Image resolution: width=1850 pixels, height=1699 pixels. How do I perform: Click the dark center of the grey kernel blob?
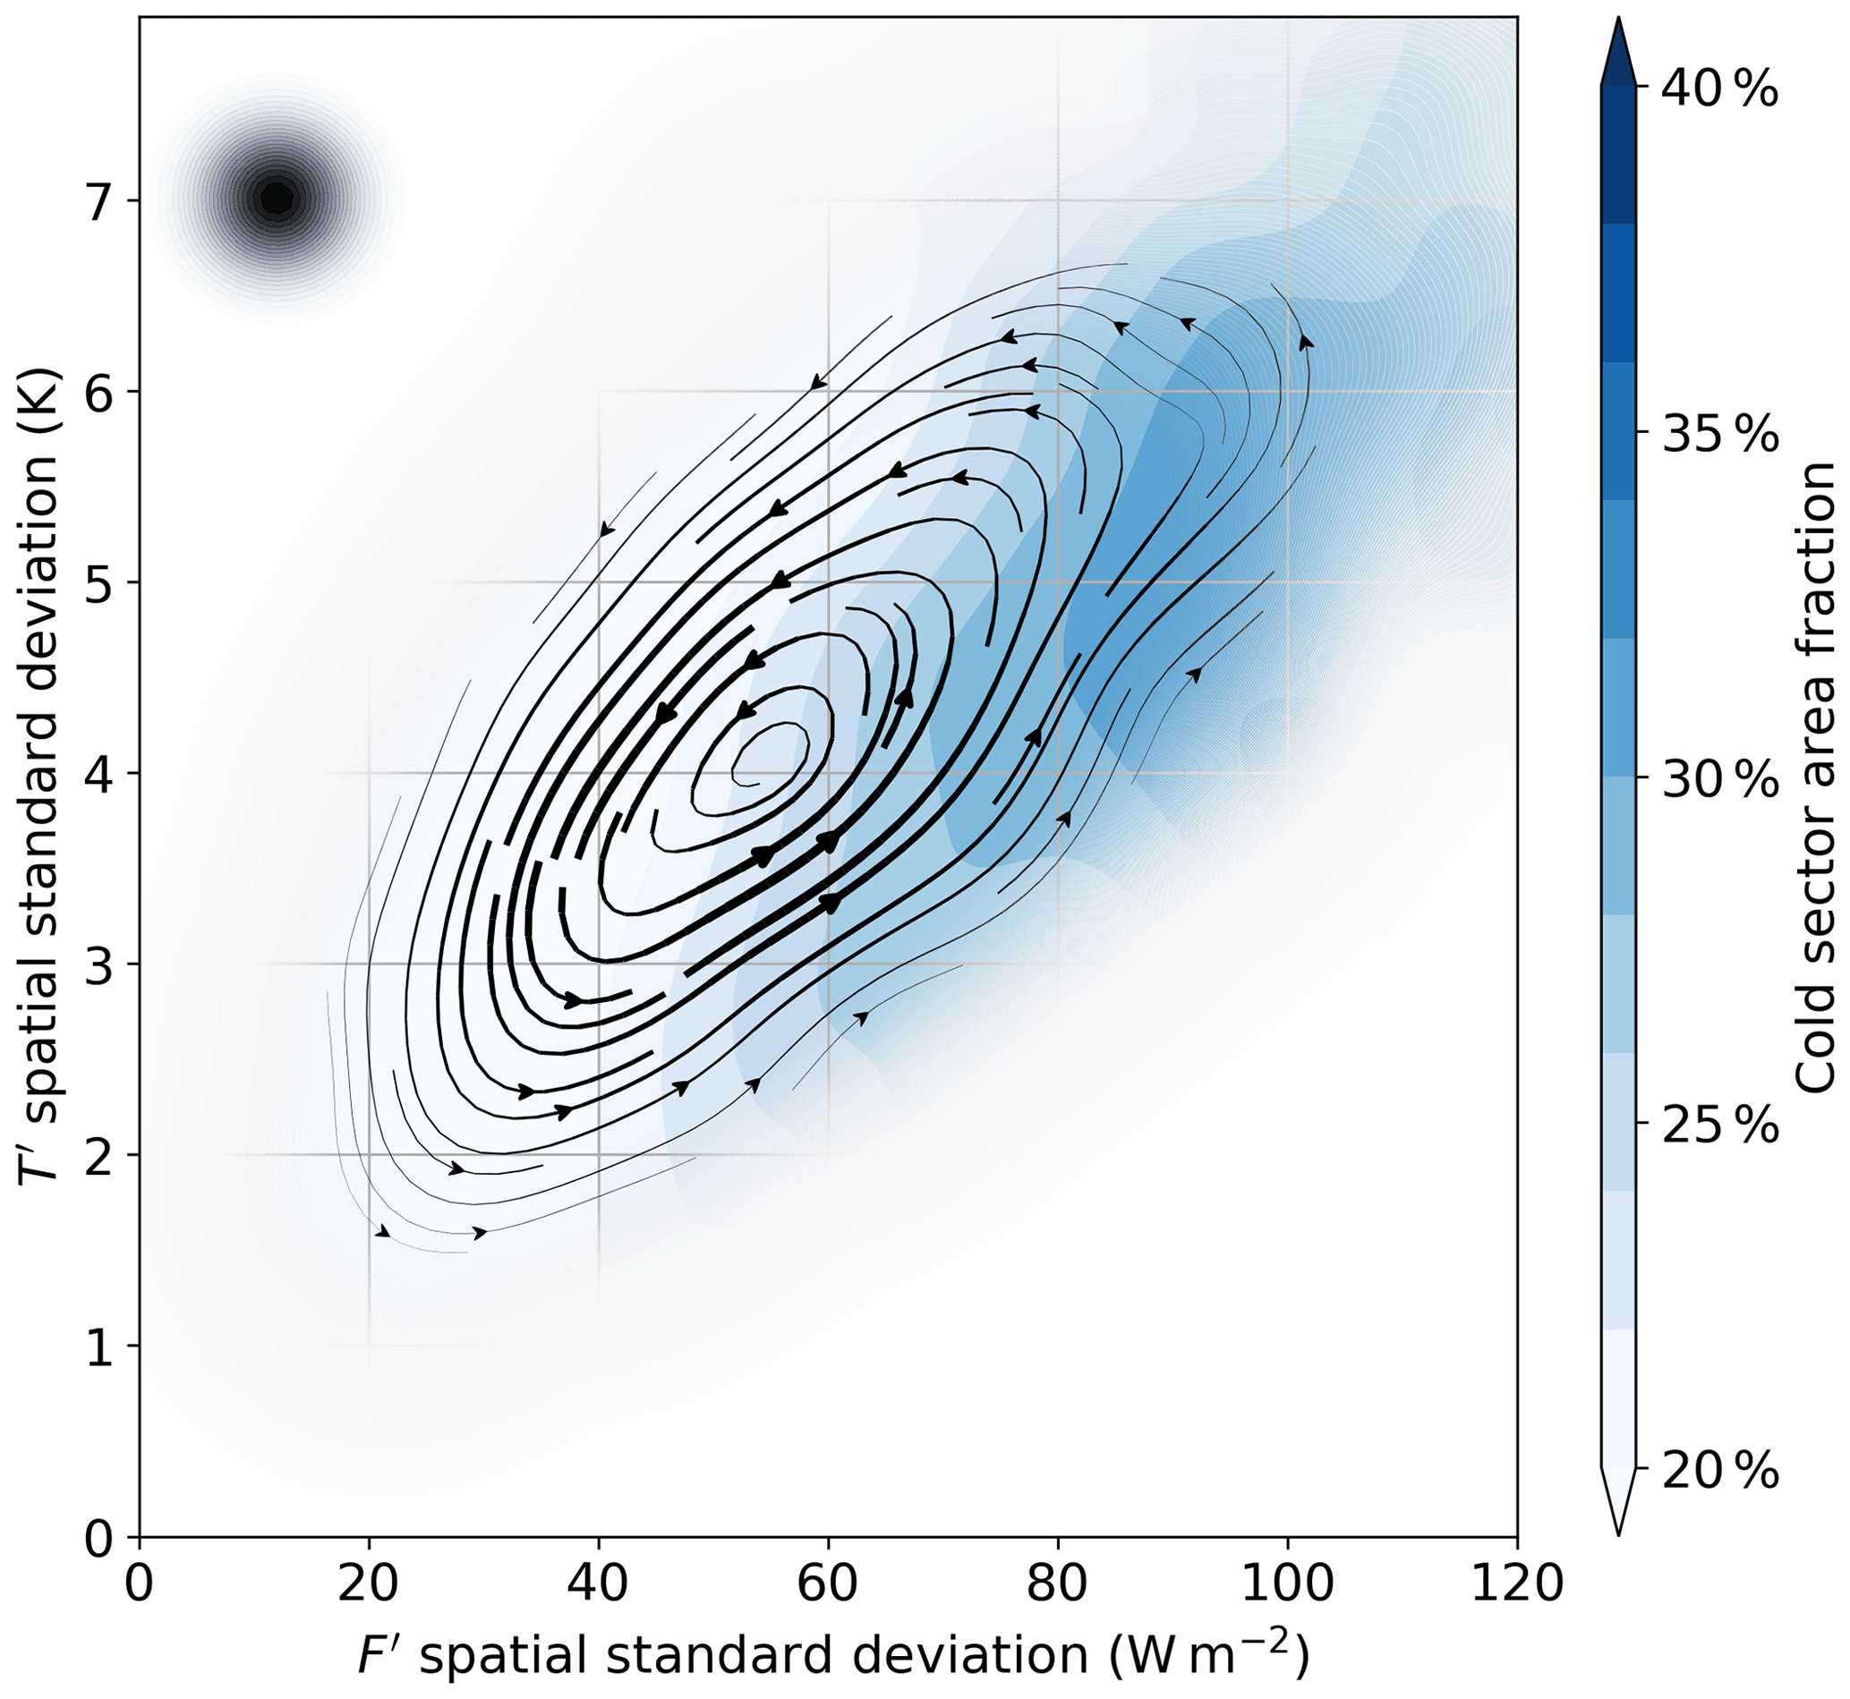pos(277,197)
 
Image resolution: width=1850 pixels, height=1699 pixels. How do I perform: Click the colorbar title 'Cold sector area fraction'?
pos(1815,777)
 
